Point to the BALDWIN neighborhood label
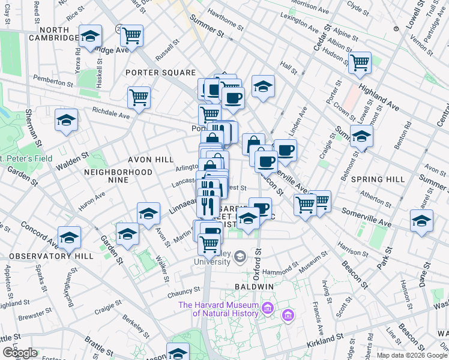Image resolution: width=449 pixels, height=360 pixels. pos(254,287)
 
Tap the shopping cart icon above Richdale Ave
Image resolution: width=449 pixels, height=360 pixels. pos(139,97)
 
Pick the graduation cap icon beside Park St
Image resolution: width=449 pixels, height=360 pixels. pos(421,220)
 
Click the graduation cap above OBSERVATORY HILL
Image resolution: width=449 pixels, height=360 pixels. pos(70,238)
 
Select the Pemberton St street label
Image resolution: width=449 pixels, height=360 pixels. pos(53,79)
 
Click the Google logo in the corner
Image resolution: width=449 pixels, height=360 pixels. pos(20,353)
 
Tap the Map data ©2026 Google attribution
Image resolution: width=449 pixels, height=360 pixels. pos(411,355)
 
